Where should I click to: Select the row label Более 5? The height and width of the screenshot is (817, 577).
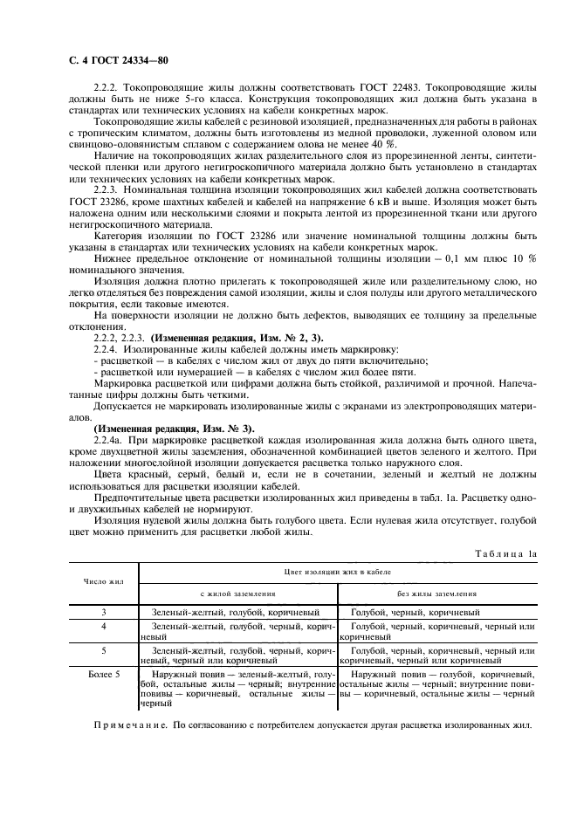point(104,674)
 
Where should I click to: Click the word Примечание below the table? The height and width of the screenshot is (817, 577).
point(130,725)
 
